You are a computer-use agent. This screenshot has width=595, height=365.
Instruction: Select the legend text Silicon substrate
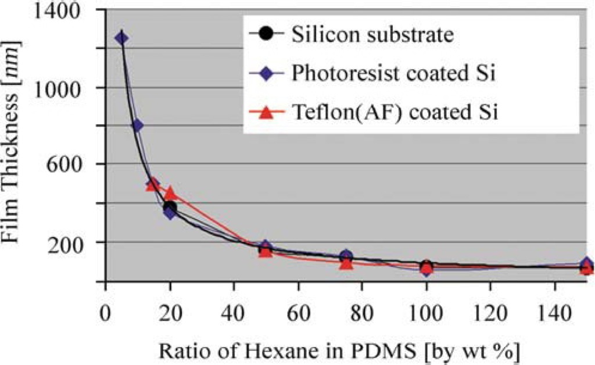point(372,34)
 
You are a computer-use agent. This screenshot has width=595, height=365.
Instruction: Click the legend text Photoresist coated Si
point(393,73)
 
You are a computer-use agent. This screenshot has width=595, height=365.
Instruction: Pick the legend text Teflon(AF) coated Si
point(395,112)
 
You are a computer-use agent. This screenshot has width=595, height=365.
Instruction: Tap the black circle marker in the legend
point(267,34)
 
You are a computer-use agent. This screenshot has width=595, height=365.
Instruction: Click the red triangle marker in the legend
point(267,112)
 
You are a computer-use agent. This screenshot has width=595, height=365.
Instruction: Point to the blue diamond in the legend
point(267,73)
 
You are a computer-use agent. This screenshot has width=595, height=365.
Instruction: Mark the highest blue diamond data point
point(121,38)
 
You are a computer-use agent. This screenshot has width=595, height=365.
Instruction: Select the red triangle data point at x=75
point(346,263)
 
